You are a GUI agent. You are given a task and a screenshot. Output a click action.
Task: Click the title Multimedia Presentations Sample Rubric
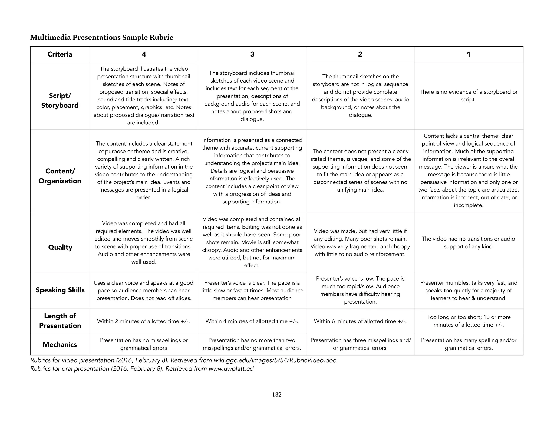101,37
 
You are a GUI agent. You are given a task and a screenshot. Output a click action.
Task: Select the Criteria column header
60,54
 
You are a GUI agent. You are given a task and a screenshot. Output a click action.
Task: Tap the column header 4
144,54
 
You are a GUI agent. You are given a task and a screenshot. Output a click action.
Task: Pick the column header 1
468,54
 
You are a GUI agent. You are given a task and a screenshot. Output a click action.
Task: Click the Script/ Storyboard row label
60,100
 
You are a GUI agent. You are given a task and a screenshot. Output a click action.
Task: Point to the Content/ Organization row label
60,176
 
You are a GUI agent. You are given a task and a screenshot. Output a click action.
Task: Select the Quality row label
60,247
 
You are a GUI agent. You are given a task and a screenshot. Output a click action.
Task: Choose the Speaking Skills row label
60,290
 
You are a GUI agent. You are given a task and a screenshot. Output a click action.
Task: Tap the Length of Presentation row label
60,321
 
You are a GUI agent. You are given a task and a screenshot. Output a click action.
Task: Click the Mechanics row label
60,344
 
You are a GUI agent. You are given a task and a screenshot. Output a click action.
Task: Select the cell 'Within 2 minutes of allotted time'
143,321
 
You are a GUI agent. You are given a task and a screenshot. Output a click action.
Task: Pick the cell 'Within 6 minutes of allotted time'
360,321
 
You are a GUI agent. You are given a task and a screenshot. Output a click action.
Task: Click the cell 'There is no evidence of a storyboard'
468,96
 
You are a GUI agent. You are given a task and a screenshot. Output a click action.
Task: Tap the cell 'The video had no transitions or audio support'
468,243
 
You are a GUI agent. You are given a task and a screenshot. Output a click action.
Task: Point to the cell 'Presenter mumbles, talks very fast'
468,291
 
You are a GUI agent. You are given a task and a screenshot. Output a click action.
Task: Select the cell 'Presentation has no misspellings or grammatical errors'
143,344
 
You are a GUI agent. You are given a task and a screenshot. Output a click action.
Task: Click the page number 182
277,394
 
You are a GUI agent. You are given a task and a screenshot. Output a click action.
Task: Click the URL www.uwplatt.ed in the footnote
231,369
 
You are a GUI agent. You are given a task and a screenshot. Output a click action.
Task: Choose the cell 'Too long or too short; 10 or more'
468,321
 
